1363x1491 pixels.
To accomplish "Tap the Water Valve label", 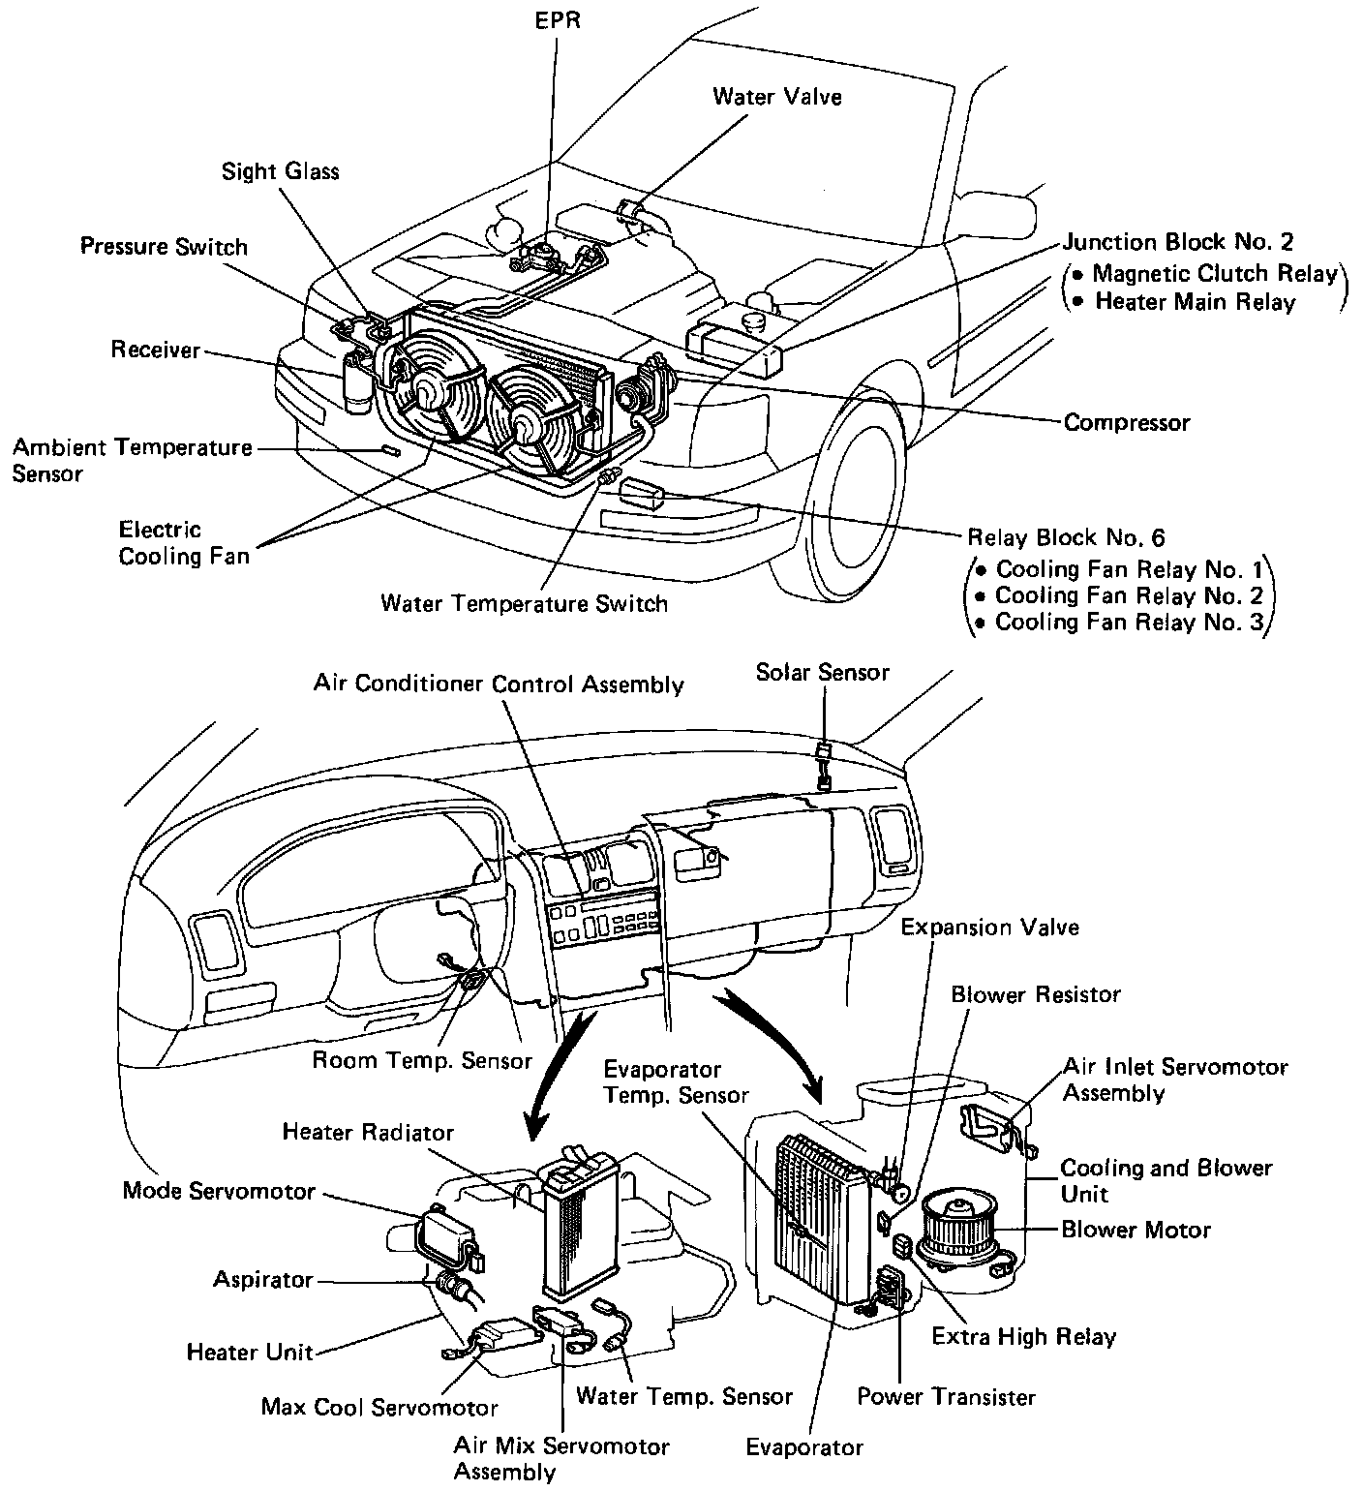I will click(x=776, y=96).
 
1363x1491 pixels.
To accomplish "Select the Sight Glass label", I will click(x=280, y=171).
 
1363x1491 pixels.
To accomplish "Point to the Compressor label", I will click(x=1126, y=423).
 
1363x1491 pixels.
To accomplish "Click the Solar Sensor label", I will click(x=822, y=672).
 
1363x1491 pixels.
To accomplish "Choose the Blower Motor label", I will click(x=1136, y=1230).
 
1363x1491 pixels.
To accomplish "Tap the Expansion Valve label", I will click(x=989, y=927).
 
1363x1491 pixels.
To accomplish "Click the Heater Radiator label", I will click(x=368, y=1131).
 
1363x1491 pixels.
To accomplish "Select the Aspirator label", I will click(x=263, y=1280).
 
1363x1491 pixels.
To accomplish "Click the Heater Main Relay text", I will click(x=1195, y=301).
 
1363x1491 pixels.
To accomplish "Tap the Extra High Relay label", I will click(x=1023, y=1337).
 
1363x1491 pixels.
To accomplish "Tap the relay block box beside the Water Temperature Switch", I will click(x=642, y=494).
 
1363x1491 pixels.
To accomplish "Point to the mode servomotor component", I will click(x=446, y=1235).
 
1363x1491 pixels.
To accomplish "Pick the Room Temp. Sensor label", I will click(x=421, y=1060).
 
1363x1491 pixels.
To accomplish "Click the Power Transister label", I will click(x=946, y=1397).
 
